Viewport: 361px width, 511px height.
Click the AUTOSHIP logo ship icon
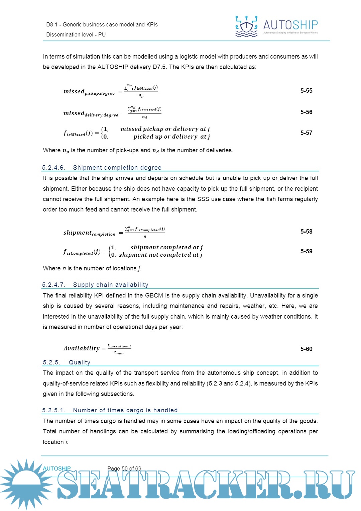(x=246, y=26)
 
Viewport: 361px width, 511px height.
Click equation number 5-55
(x=306, y=91)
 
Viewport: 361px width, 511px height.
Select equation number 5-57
(x=306, y=133)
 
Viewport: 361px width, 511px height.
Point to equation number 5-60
(x=306, y=349)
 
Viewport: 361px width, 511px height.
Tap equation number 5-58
(x=306, y=232)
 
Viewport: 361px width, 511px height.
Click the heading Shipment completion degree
(x=117, y=168)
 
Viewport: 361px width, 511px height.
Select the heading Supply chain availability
(x=111, y=285)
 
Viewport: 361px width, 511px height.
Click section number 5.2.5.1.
(x=54, y=410)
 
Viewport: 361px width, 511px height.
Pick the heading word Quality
(x=80, y=362)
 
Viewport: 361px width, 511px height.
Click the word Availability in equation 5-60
(x=82, y=349)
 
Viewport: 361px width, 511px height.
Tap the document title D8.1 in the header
(x=52, y=25)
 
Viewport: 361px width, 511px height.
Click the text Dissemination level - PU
(x=76, y=35)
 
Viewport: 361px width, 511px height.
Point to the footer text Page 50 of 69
(x=124, y=469)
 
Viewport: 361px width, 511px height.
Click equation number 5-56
(x=306, y=112)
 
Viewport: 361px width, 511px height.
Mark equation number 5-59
(x=306, y=251)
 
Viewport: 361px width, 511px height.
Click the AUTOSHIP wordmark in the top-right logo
(x=290, y=25)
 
